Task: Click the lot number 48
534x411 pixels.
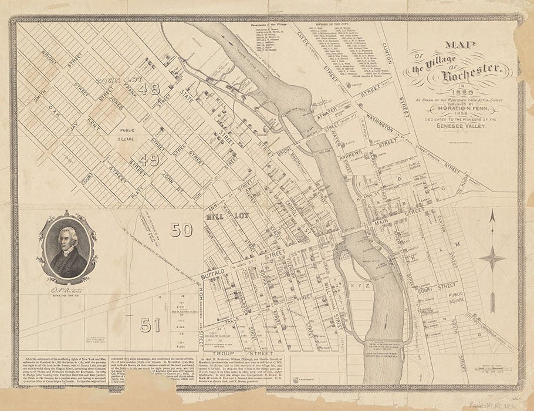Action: pyautogui.click(x=150, y=89)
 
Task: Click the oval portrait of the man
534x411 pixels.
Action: pyautogui.click(x=67, y=248)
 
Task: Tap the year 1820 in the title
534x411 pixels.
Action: pyautogui.click(x=454, y=90)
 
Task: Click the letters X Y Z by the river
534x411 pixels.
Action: pyautogui.click(x=360, y=284)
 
